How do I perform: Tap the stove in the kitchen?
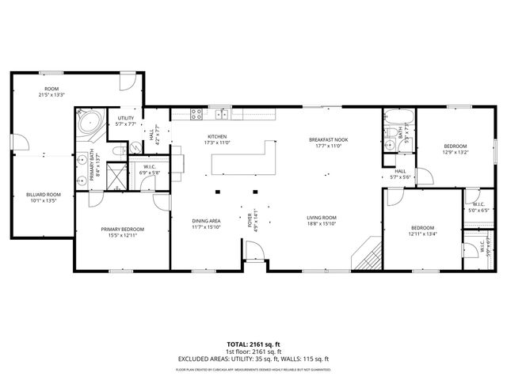pos(197,116)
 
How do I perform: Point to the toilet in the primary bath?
pos(117,150)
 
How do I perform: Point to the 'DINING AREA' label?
pos(206,221)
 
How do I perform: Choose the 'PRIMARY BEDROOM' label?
pos(122,230)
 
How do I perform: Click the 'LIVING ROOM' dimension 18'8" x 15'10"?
pos(322,224)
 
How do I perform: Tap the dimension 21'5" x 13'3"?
pos(52,93)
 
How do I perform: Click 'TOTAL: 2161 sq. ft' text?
pos(253,344)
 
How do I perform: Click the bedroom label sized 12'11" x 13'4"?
pos(422,234)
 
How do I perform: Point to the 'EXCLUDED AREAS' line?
pos(253,359)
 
